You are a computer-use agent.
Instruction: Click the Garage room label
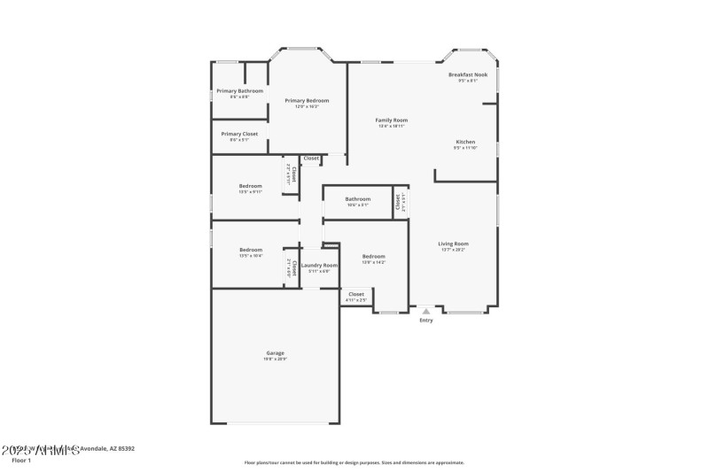click(276, 353)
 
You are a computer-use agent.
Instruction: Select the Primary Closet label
click(239, 134)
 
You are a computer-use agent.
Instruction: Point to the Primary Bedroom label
click(307, 101)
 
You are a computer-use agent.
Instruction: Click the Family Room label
click(391, 120)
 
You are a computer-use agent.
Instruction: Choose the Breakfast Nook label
click(468, 75)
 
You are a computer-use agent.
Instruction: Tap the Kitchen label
click(465, 142)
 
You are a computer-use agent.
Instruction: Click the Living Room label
click(453, 244)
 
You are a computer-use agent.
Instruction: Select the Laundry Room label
click(319, 265)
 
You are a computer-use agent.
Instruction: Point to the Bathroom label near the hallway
click(358, 199)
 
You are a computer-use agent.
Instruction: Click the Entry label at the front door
click(426, 321)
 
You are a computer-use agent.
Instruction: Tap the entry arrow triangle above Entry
click(426, 312)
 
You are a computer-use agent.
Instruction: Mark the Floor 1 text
click(21, 460)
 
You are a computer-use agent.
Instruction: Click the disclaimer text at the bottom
click(354, 462)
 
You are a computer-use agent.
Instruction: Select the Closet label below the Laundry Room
click(355, 294)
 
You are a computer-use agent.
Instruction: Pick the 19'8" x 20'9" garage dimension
click(276, 359)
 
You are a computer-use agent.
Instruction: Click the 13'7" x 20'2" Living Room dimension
click(453, 250)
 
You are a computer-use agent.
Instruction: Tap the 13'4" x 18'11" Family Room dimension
click(391, 126)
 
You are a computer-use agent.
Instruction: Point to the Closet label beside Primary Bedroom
click(311, 159)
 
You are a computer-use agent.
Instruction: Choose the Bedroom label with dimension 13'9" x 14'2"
click(373, 257)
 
